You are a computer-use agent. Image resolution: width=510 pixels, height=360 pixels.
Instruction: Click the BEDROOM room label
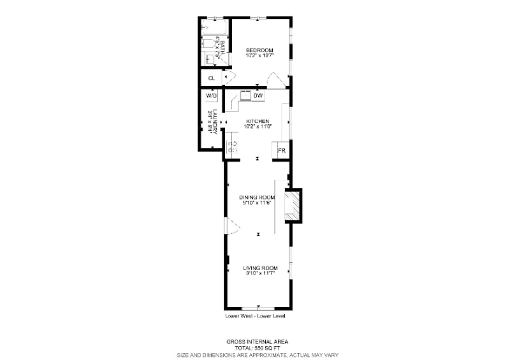pos(259,50)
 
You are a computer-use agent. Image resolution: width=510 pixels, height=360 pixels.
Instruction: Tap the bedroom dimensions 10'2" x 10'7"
pos(259,55)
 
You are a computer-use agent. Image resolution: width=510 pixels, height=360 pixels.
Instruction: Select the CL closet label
pos(211,78)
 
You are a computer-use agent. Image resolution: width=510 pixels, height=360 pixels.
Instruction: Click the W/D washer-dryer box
pos(212,96)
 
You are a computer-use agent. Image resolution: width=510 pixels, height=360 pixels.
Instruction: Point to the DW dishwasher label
pos(258,96)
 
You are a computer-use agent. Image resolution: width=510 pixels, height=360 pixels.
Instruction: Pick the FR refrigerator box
pos(280,151)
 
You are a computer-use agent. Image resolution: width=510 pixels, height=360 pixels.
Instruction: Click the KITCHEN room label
pos(258,121)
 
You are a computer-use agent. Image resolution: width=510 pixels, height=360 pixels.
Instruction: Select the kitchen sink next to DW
pos(245,96)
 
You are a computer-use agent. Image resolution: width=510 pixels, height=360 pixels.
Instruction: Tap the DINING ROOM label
pos(257,197)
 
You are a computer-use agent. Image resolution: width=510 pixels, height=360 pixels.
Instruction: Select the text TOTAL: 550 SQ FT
pos(258,348)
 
